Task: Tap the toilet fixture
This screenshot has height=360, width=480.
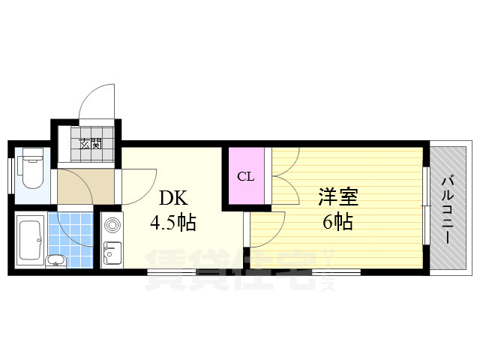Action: pyautogui.click(x=31, y=169)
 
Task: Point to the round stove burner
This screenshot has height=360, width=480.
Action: pyautogui.click(x=112, y=224)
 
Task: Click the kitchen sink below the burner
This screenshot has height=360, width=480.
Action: pyautogui.click(x=112, y=253)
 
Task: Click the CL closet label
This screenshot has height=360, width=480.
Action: pyautogui.click(x=245, y=177)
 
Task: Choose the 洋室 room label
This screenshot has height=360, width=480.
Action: pyautogui.click(x=337, y=198)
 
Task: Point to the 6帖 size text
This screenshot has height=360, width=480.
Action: pyautogui.click(x=337, y=221)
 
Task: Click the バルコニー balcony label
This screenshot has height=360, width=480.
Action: pyautogui.click(x=448, y=208)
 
